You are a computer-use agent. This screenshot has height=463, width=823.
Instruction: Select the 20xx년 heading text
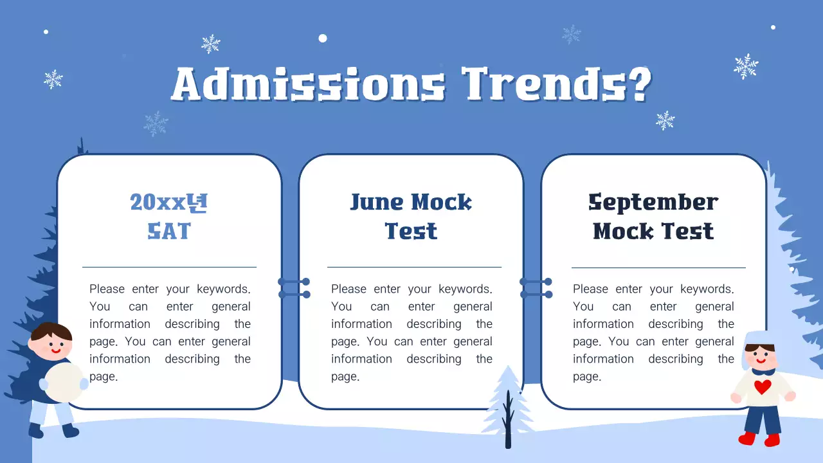[x=169, y=203]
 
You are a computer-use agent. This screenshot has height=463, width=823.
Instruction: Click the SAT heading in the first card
[x=169, y=231]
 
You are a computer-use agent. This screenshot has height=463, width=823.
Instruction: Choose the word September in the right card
[x=653, y=203]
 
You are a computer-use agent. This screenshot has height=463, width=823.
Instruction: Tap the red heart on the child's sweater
[x=763, y=387]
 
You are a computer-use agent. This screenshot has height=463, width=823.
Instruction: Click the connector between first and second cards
[x=294, y=288]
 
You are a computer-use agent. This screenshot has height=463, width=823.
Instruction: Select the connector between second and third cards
[x=536, y=288]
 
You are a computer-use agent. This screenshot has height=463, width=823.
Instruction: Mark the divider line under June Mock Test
[x=414, y=267]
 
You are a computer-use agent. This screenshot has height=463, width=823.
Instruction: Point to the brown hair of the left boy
[x=51, y=332]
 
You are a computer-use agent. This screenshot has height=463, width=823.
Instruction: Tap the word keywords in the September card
[x=707, y=289]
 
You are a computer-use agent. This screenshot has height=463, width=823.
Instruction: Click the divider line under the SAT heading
[x=169, y=267]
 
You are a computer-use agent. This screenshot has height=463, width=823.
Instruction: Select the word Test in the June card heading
[x=411, y=231]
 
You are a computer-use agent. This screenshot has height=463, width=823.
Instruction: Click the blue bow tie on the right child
[x=763, y=371]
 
